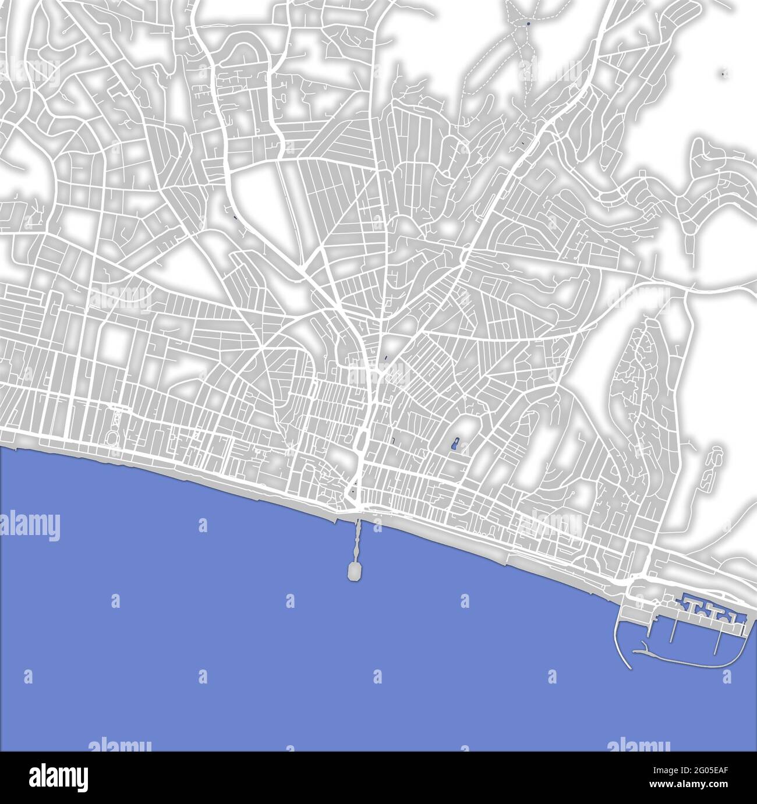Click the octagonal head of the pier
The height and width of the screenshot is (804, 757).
click(353, 571)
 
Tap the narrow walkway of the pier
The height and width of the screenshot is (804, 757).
click(356, 539)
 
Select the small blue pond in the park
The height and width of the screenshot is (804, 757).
click(455, 446)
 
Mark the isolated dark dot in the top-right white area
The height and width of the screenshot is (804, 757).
click(723, 74)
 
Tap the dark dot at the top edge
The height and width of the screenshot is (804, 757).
click(528, 24)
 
